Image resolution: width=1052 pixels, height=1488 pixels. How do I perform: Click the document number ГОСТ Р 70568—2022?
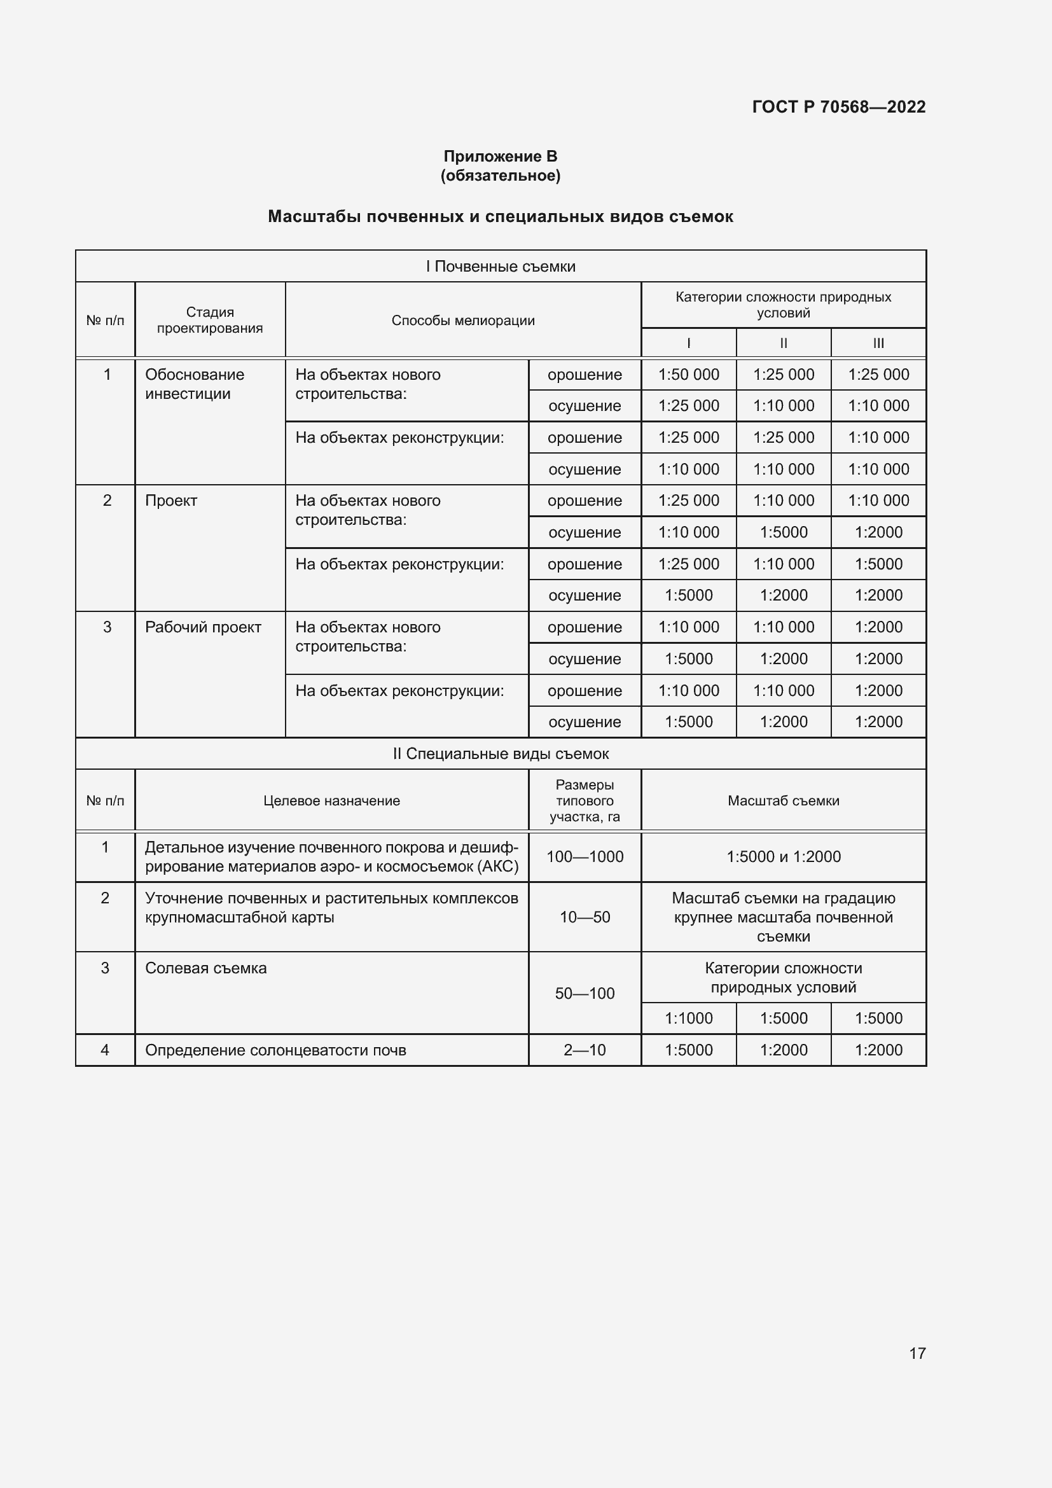point(838,107)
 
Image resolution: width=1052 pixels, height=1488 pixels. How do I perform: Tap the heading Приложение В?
point(500,156)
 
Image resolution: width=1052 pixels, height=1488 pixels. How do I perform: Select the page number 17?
point(917,1353)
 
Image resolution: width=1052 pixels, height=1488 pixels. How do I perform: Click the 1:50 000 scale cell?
point(689,375)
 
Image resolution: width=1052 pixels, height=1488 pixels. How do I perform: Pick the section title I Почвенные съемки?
point(500,267)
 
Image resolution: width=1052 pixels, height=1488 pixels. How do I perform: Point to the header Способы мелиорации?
point(462,320)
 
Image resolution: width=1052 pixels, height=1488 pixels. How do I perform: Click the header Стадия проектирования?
point(210,320)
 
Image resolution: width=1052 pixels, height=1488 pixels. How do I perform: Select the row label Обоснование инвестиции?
point(195,384)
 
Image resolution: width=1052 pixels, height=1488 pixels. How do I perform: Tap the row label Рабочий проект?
point(203,627)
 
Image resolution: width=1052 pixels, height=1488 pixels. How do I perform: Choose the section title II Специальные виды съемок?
point(500,754)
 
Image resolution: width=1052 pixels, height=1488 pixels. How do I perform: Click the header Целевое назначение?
point(331,801)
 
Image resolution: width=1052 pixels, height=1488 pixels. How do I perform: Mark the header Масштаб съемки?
point(783,801)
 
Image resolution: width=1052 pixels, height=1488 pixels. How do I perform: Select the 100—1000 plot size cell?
point(585,857)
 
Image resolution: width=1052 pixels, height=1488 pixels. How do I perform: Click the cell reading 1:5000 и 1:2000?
point(783,857)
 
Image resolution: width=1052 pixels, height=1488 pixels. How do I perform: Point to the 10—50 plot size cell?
point(585,917)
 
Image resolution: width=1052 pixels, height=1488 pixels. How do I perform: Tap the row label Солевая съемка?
point(205,968)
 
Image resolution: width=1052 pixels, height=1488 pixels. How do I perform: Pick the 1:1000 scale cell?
point(689,1018)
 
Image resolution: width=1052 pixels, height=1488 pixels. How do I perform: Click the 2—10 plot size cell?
point(585,1050)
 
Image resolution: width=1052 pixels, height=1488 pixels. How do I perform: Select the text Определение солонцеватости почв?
point(275,1050)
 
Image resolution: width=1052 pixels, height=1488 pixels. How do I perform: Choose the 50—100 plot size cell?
point(585,994)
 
